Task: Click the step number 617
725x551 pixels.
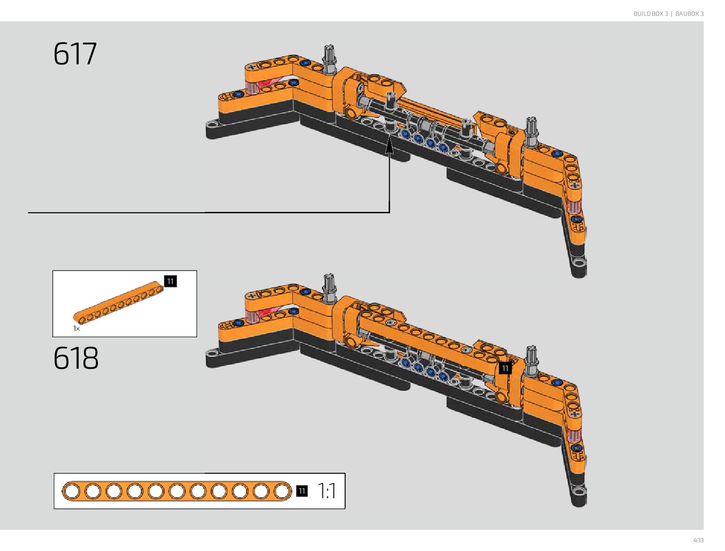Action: click(75, 54)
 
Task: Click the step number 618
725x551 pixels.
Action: click(76, 358)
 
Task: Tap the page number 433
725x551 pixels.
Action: click(698, 540)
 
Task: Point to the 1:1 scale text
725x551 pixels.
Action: click(327, 491)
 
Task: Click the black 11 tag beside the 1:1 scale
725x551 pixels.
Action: click(302, 491)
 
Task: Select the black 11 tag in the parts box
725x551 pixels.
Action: click(170, 281)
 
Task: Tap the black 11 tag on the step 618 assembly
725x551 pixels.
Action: click(505, 368)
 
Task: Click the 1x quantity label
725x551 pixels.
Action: click(76, 328)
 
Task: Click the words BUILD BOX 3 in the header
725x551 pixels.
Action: click(650, 14)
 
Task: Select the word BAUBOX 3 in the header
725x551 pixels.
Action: click(689, 14)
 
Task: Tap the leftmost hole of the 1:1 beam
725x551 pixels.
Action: click(71, 491)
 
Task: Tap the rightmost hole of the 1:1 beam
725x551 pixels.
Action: click(282, 491)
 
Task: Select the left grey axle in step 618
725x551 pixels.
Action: click(329, 287)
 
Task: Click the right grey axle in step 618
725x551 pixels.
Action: click(531, 359)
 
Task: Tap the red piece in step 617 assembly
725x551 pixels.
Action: click(267, 85)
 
